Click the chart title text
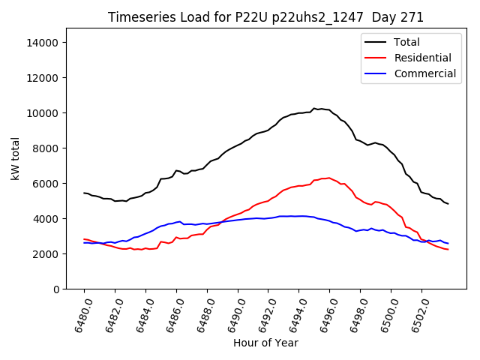tap(265, 17)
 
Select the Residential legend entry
tap(422, 58)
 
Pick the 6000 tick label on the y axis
tap(46, 184)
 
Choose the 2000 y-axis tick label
tap(46, 254)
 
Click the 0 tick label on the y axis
tap(55, 289)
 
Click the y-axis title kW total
tap(15, 159)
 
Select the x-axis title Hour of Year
tap(265, 343)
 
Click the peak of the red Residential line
tap(328, 178)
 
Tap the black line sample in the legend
tap(374, 42)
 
